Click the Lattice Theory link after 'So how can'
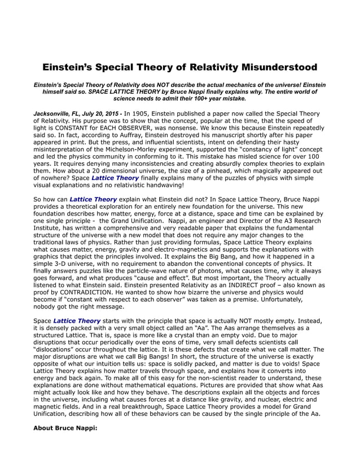coord(93,199)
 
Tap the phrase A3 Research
coord(299,222)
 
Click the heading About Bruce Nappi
coord(65,428)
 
